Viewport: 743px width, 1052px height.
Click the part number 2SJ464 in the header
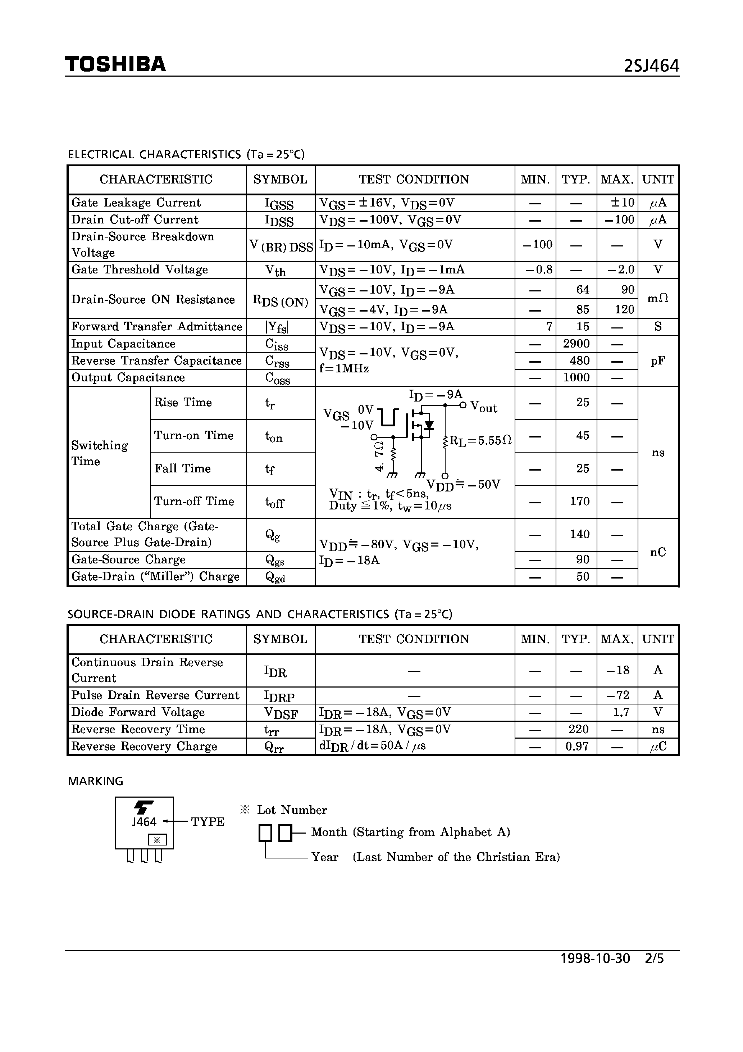tap(651, 67)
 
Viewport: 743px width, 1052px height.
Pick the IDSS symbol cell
tap(279, 221)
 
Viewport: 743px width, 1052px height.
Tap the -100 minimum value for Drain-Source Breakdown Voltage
tap(537, 245)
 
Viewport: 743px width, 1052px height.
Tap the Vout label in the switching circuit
tap(484, 407)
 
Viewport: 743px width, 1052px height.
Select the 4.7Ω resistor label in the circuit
tap(379, 455)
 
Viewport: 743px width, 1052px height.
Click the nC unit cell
tap(658, 552)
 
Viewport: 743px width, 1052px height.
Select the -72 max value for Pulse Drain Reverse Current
tap(617, 695)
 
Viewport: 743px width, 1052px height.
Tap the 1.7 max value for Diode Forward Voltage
tap(621, 712)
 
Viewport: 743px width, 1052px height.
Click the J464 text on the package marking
tap(144, 822)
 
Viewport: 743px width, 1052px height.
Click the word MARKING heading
tap(96, 781)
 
